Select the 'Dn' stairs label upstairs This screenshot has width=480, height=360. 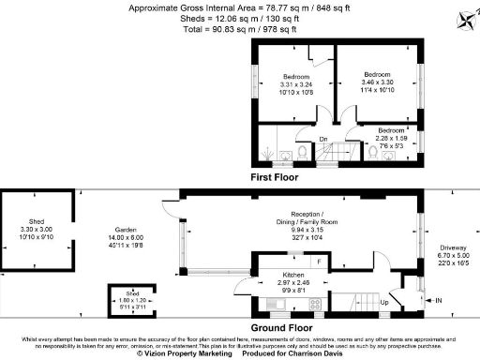coord(322,140)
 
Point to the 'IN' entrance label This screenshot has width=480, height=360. coord(437,300)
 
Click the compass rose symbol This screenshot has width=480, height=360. coord(466,20)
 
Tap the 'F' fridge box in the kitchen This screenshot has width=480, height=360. coord(319,261)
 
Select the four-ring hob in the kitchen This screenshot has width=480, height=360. coord(315,303)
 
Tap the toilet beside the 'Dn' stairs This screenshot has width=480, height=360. coord(303,154)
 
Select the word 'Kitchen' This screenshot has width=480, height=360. coord(283,275)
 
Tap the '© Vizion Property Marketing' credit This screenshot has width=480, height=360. coord(184,353)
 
